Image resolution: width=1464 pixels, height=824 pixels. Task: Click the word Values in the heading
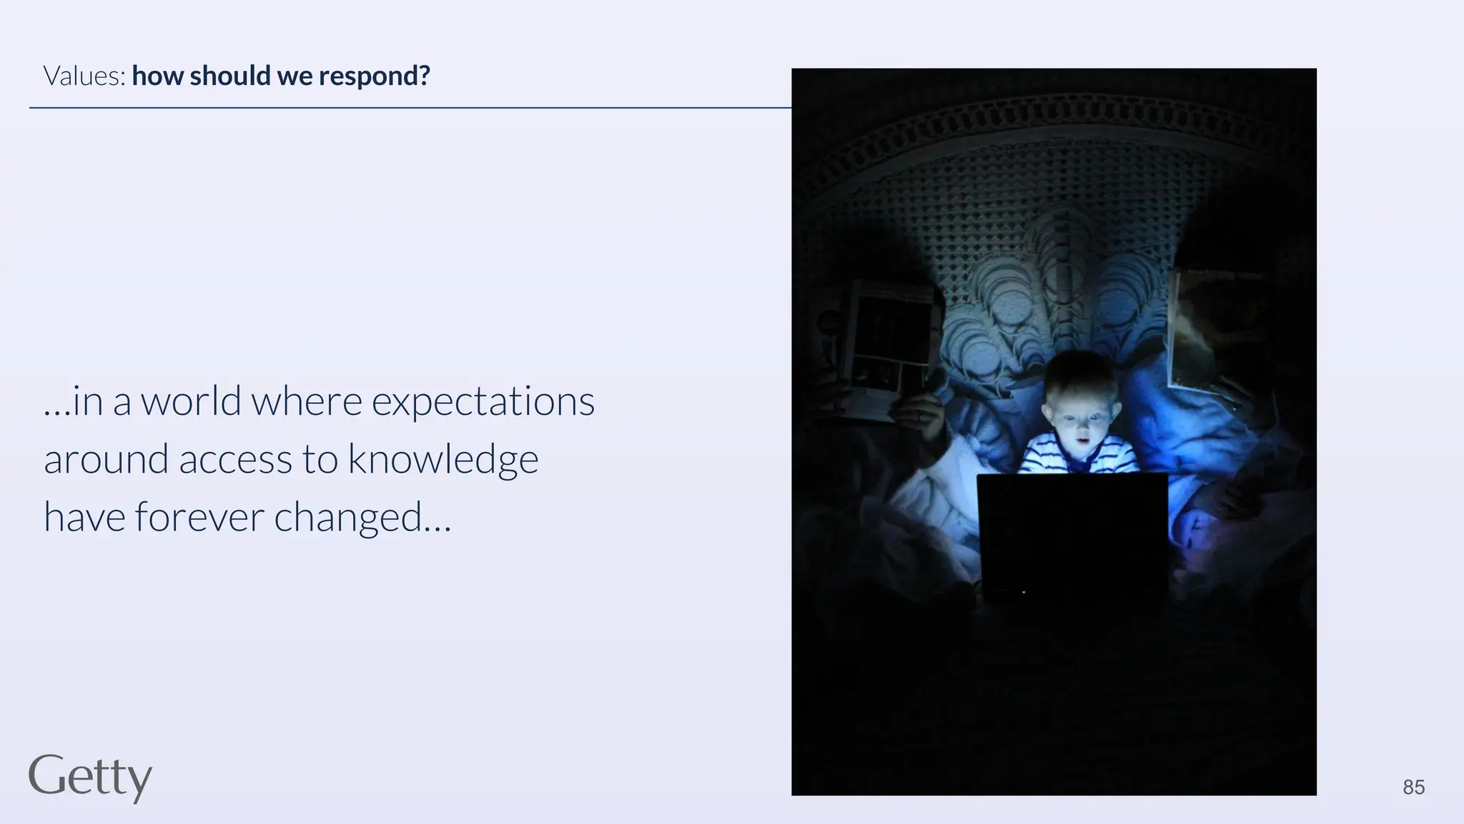pyautogui.click(x=84, y=76)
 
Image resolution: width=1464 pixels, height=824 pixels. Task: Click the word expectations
pyautogui.click(x=483, y=402)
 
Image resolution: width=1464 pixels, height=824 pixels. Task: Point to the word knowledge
pyautogui.click(x=442, y=460)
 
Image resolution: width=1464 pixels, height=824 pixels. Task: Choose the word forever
pyautogui.click(x=199, y=517)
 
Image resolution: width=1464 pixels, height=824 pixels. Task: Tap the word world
pyautogui.click(x=191, y=401)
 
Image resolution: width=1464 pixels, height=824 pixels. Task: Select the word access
pyautogui.click(x=235, y=460)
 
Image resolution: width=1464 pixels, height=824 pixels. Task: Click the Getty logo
pyautogui.click(x=90, y=777)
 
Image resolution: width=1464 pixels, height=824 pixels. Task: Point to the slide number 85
pyautogui.click(x=1413, y=788)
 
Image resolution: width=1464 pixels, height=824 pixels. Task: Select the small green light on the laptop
pyautogui.click(x=1024, y=592)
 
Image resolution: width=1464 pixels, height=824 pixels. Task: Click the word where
pyautogui.click(x=306, y=401)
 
